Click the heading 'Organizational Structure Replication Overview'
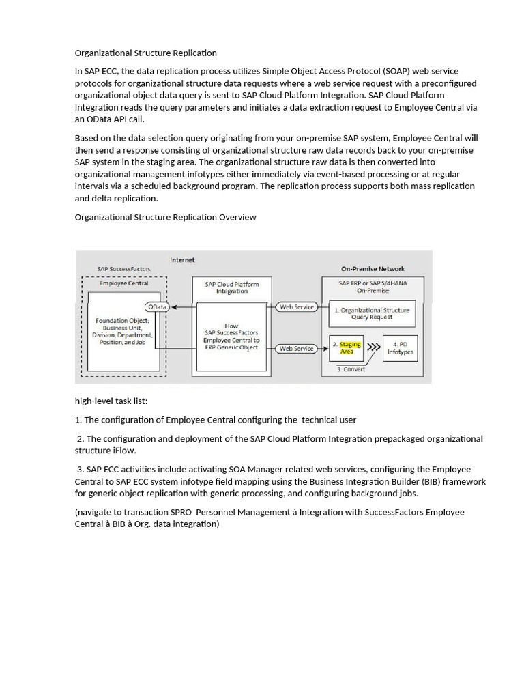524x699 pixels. click(x=165, y=217)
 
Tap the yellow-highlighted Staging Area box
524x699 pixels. click(x=347, y=347)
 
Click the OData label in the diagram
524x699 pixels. click(x=157, y=307)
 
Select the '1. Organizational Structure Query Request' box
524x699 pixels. click(x=372, y=313)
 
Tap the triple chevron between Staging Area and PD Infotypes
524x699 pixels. click(x=373, y=347)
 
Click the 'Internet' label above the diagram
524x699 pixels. click(x=182, y=259)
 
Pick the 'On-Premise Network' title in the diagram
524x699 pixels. click(x=373, y=269)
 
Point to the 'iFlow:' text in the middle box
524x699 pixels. click(x=231, y=326)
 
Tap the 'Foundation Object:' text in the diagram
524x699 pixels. click(x=123, y=320)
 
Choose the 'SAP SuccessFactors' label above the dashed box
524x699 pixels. click(x=124, y=269)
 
